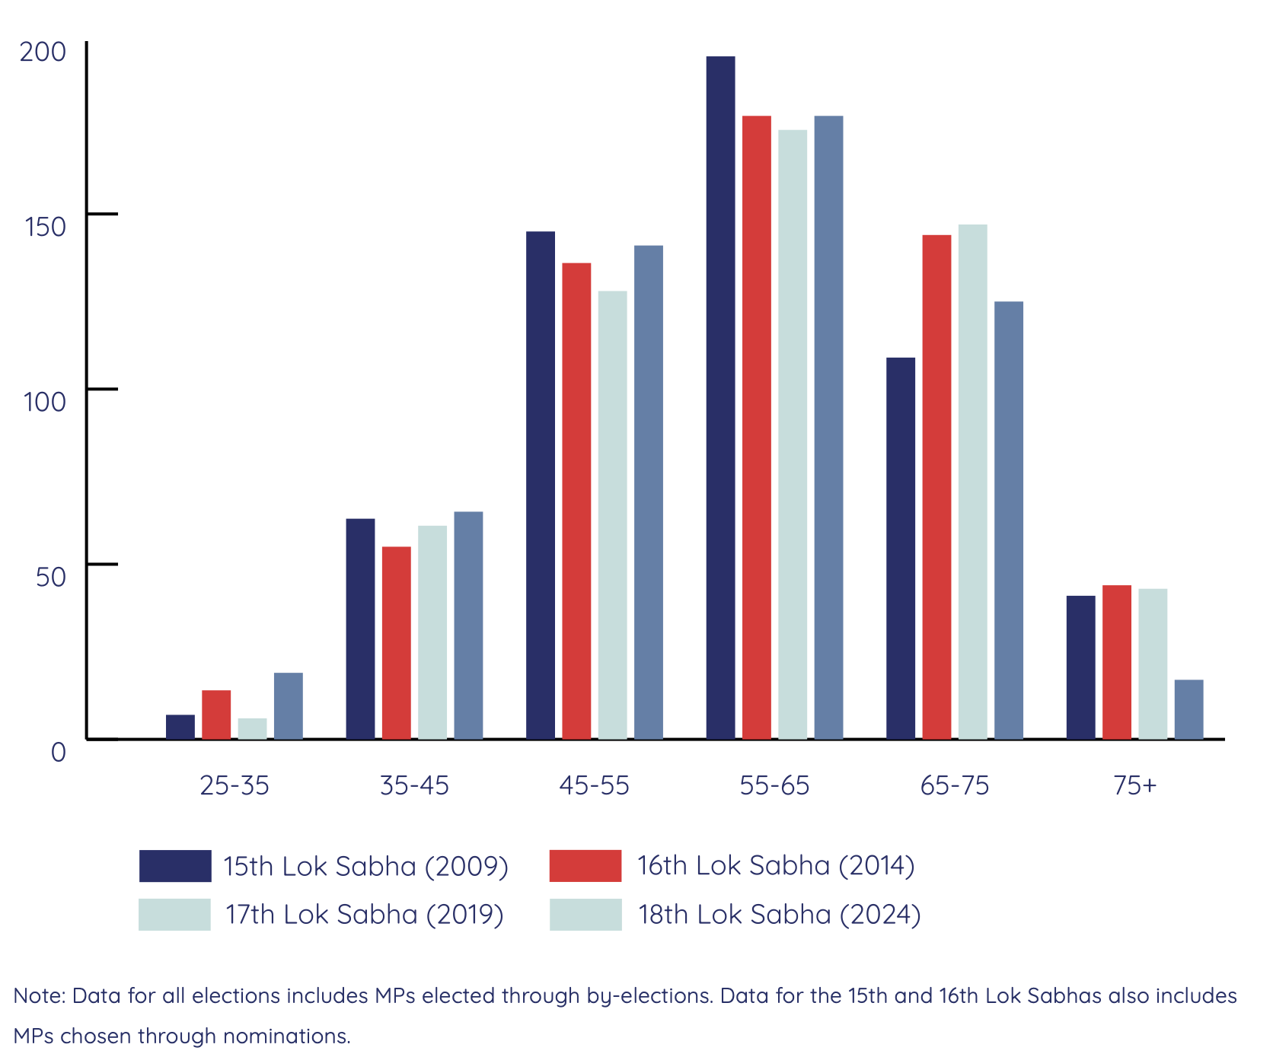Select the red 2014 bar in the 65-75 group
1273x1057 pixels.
click(x=936, y=487)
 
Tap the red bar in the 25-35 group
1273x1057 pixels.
click(x=216, y=715)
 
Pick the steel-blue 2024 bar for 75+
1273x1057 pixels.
click(x=1188, y=709)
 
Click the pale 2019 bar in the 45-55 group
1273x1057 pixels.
click(x=612, y=514)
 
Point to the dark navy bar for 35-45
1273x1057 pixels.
click(x=360, y=629)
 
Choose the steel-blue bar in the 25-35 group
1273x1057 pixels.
click(x=288, y=705)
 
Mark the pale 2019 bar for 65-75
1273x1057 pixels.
click(x=972, y=482)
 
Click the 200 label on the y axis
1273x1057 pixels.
click(x=43, y=52)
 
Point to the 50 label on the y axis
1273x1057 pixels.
click(x=51, y=577)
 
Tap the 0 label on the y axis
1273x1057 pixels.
click(x=58, y=752)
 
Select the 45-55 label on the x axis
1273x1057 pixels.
click(x=594, y=785)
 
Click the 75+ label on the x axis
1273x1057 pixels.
click(x=1134, y=785)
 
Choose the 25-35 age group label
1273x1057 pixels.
click(x=234, y=785)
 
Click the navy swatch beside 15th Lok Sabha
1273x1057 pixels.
click(x=175, y=866)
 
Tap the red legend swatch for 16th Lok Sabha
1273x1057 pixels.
click(x=585, y=866)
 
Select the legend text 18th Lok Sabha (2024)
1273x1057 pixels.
click(x=779, y=914)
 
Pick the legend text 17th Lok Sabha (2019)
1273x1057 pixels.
click(x=364, y=914)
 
